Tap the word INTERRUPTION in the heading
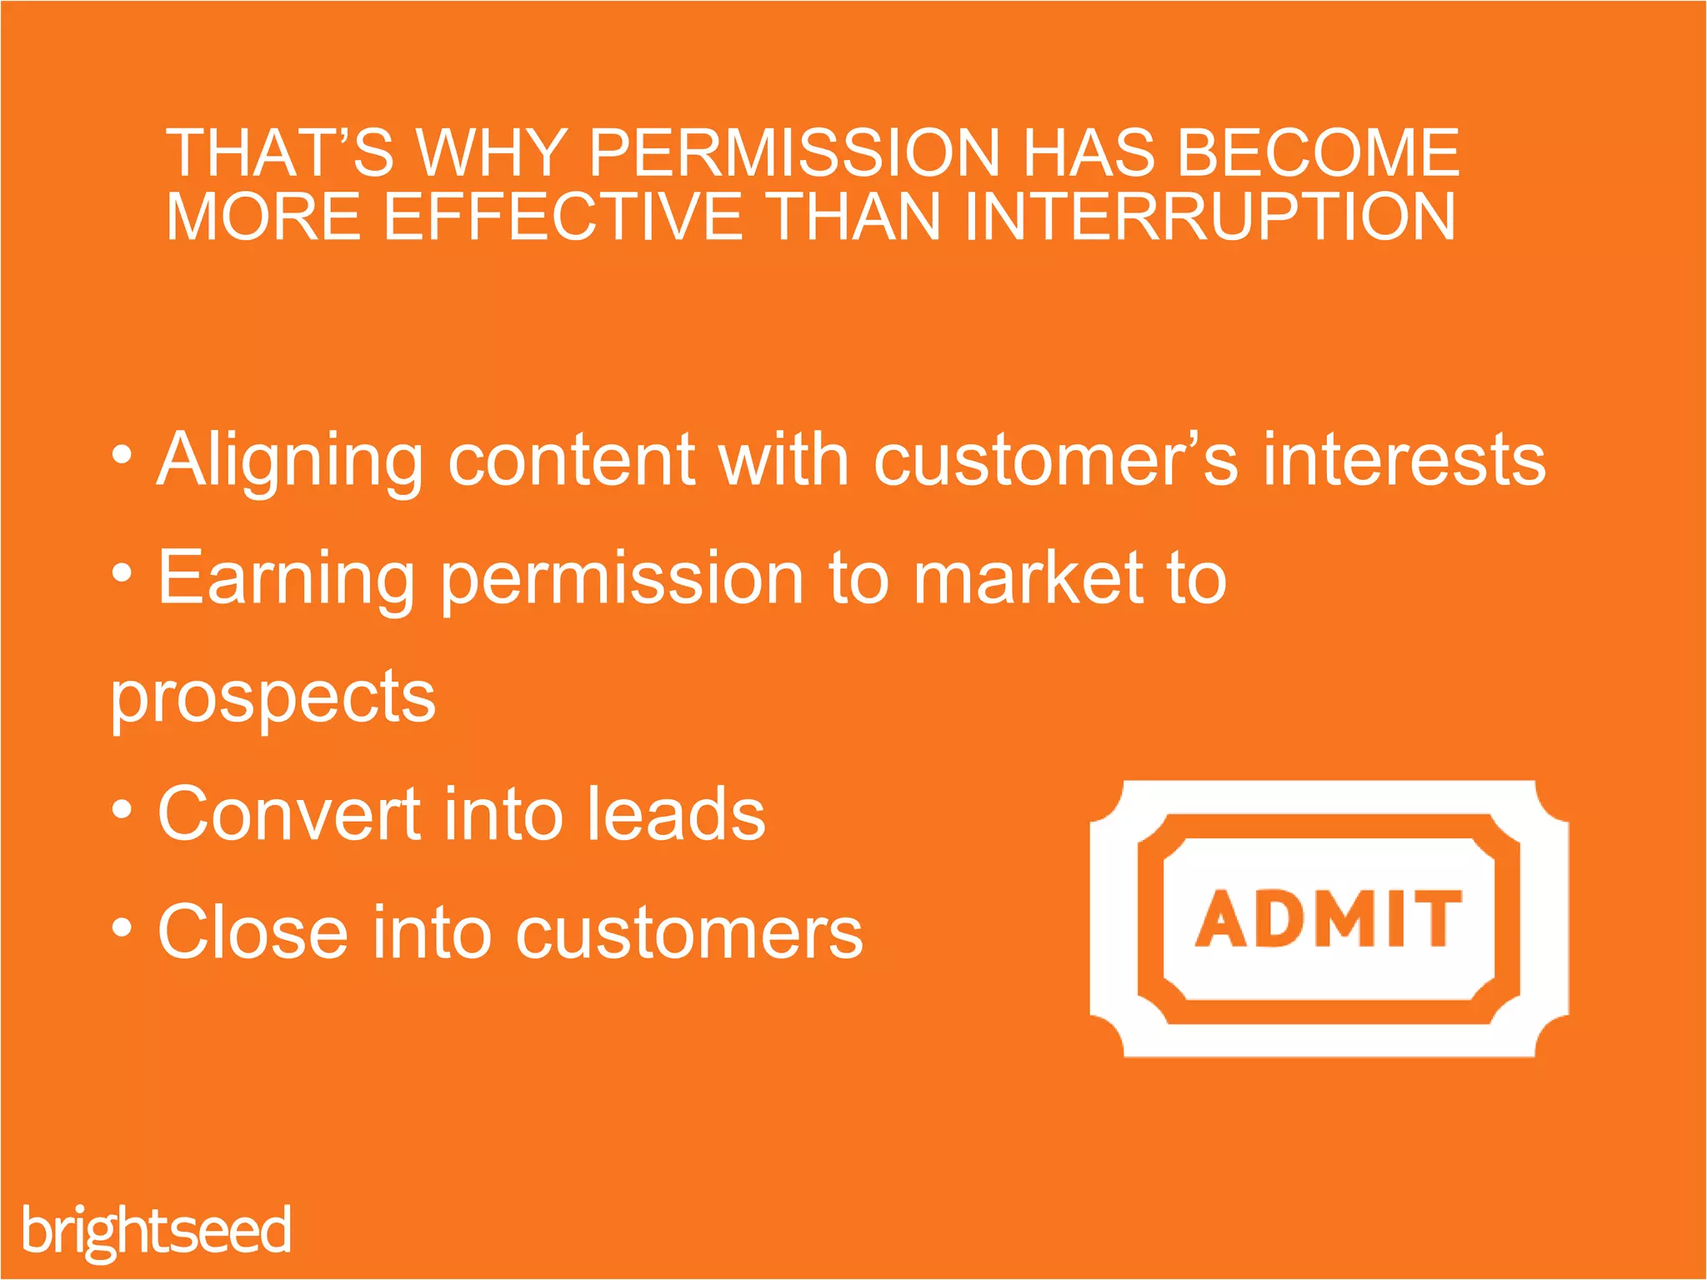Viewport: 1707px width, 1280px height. (x=1209, y=217)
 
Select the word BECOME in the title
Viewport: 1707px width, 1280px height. (x=1319, y=153)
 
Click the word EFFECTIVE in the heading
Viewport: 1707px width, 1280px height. (x=563, y=217)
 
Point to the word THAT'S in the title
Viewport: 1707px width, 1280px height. (x=279, y=153)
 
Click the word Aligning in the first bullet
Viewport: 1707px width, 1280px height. (x=290, y=461)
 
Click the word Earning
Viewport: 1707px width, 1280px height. (x=286, y=580)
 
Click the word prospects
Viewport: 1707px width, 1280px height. (x=273, y=698)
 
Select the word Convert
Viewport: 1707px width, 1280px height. (x=289, y=814)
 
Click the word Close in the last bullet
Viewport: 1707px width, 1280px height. (x=253, y=932)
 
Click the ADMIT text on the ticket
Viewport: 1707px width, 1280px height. (x=1329, y=918)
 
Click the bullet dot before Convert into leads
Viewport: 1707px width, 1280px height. (x=122, y=809)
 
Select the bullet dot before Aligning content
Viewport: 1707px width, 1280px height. (x=122, y=455)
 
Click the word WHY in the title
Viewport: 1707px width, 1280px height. (x=492, y=153)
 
